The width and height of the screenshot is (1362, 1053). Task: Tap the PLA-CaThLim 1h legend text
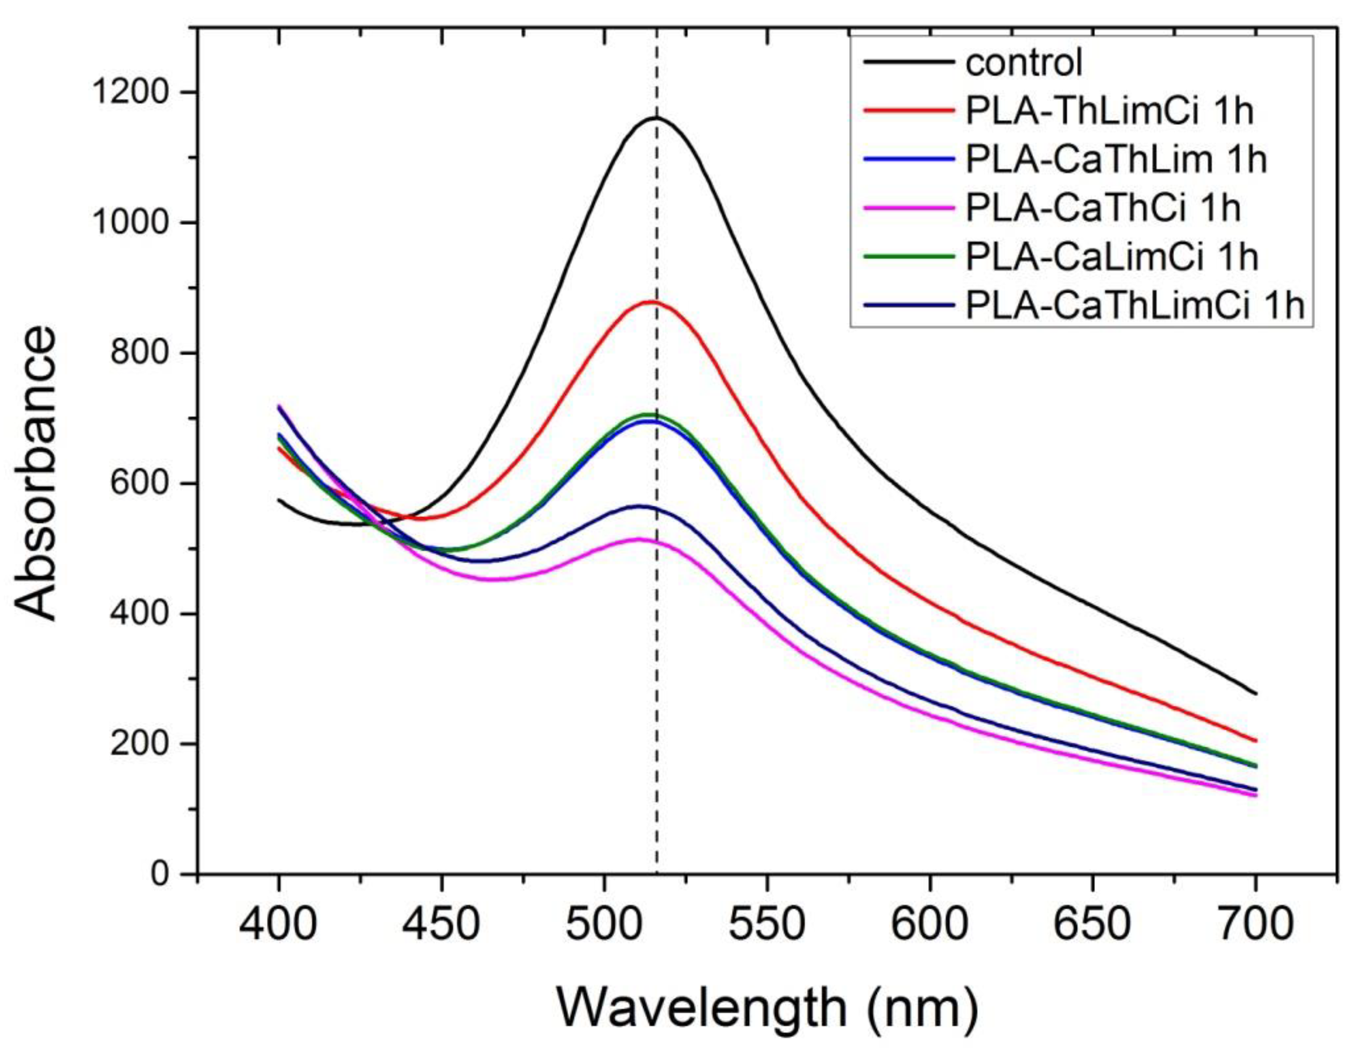pyautogui.click(x=1116, y=160)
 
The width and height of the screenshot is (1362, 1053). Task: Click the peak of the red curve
pyautogui.click(x=650, y=302)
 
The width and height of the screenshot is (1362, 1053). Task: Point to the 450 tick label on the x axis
pyautogui.click(x=441, y=925)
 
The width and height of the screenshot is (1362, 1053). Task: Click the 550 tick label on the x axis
pyautogui.click(x=766, y=925)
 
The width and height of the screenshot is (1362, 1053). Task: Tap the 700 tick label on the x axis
pyautogui.click(x=1255, y=925)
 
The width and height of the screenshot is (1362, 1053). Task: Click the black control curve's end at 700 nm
pyautogui.click(x=1255, y=693)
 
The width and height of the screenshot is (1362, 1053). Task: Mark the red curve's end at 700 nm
pyautogui.click(x=1255, y=741)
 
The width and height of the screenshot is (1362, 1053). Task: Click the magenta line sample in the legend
pyautogui.click(x=909, y=209)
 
